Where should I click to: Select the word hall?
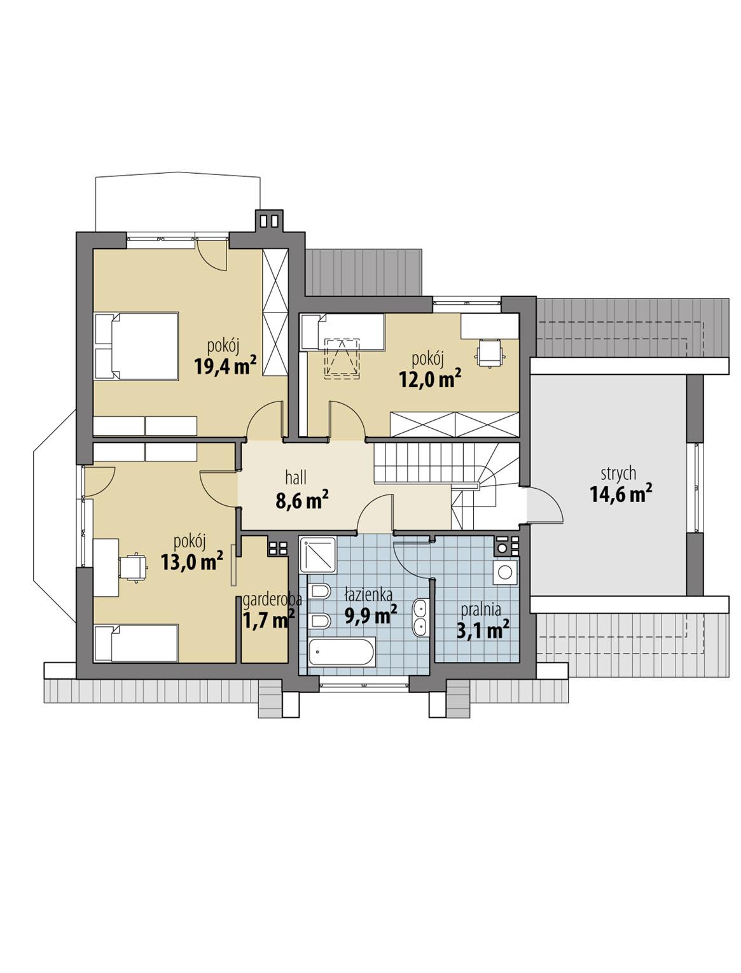pyautogui.click(x=296, y=478)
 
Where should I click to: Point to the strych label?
pyautogui.click(x=618, y=473)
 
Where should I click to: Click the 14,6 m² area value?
pyautogui.click(x=621, y=494)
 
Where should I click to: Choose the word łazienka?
pyautogui.click(x=368, y=594)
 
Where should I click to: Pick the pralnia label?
pyautogui.click(x=482, y=609)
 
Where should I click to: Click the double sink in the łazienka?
pyautogui.click(x=420, y=617)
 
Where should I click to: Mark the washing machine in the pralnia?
pyautogui.click(x=506, y=573)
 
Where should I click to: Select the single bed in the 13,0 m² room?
pyautogui.click(x=136, y=643)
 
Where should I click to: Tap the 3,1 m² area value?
pyautogui.click(x=483, y=630)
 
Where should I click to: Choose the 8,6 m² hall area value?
pyautogui.click(x=301, y=501)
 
